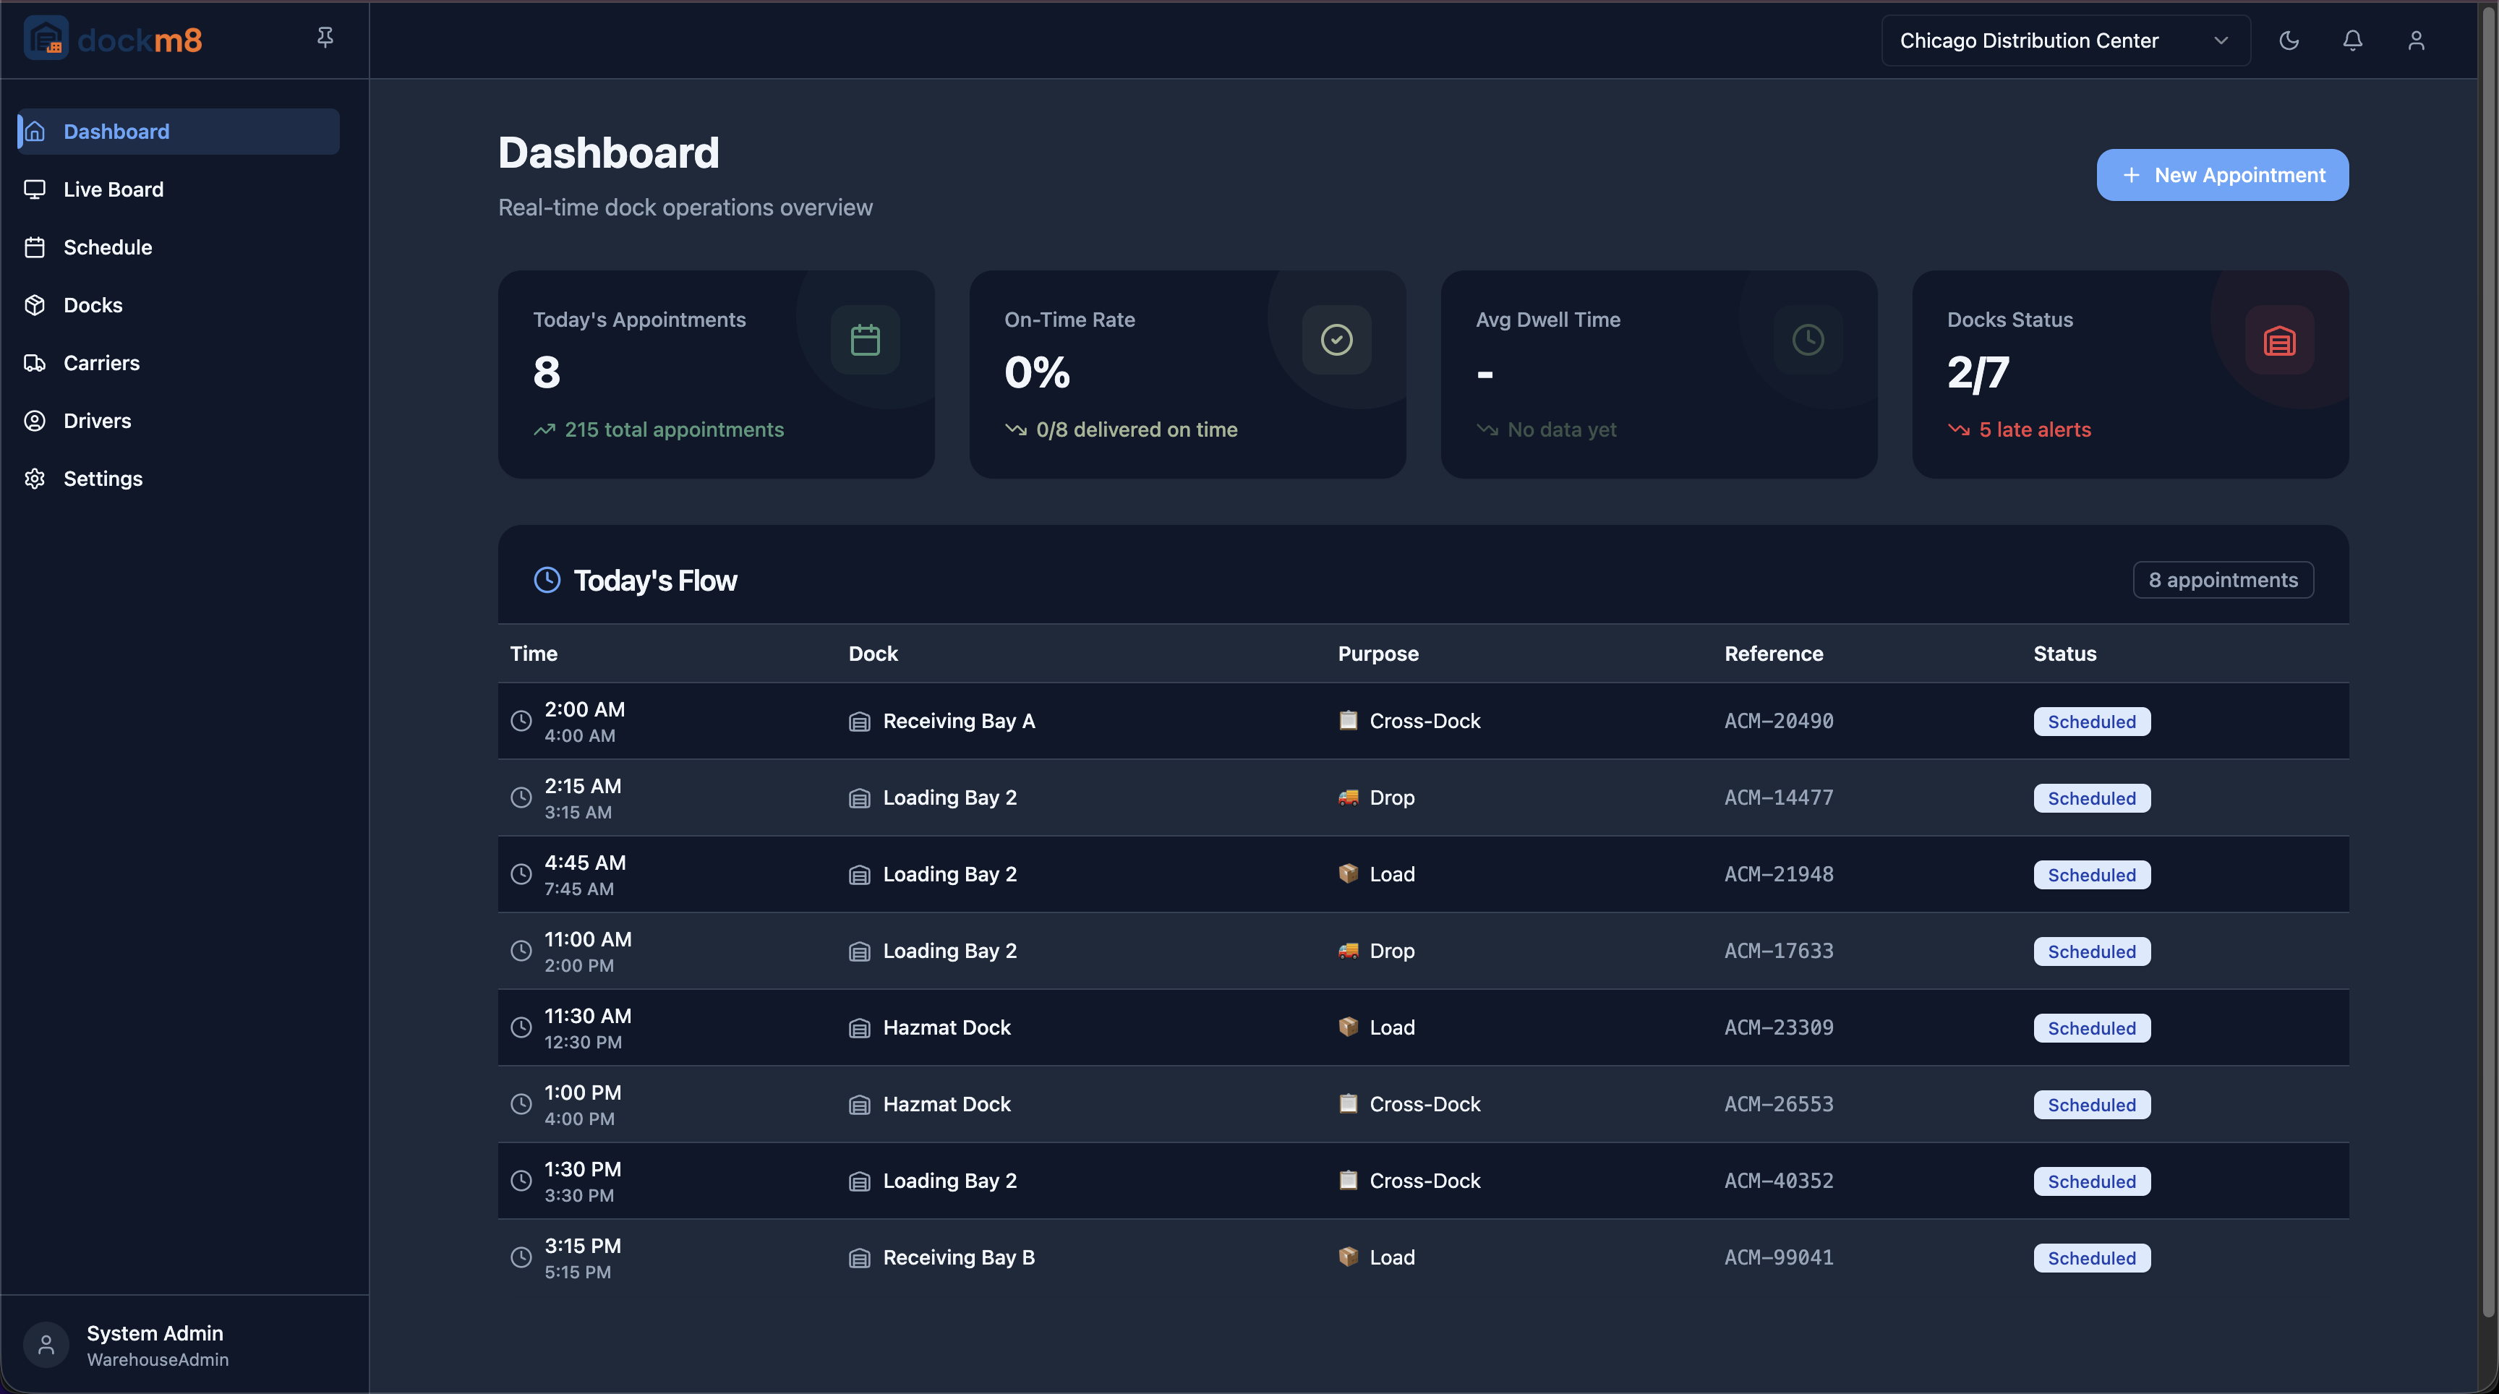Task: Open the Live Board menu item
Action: point(113,189)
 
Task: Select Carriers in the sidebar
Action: point(101,363)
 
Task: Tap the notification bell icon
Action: point(2351,40)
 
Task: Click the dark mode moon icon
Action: point(2289,40)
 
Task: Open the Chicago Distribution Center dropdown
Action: point(2064,40)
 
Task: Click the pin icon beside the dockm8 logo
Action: point(325,37)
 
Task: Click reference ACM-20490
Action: point(1778,721)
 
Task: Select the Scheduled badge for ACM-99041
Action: point(2090,1258)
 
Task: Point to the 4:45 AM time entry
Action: point(584,863)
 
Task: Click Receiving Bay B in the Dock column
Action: point(957,1257)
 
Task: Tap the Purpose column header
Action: point(1377,654)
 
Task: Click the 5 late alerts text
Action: point(2034,429)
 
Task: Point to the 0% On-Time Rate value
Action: point(1037,372)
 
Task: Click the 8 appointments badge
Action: point(2221,580)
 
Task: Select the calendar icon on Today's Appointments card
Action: point(864,340)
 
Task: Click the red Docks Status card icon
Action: point(2278,341)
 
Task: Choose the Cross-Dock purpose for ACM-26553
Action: point(1424,1104)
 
